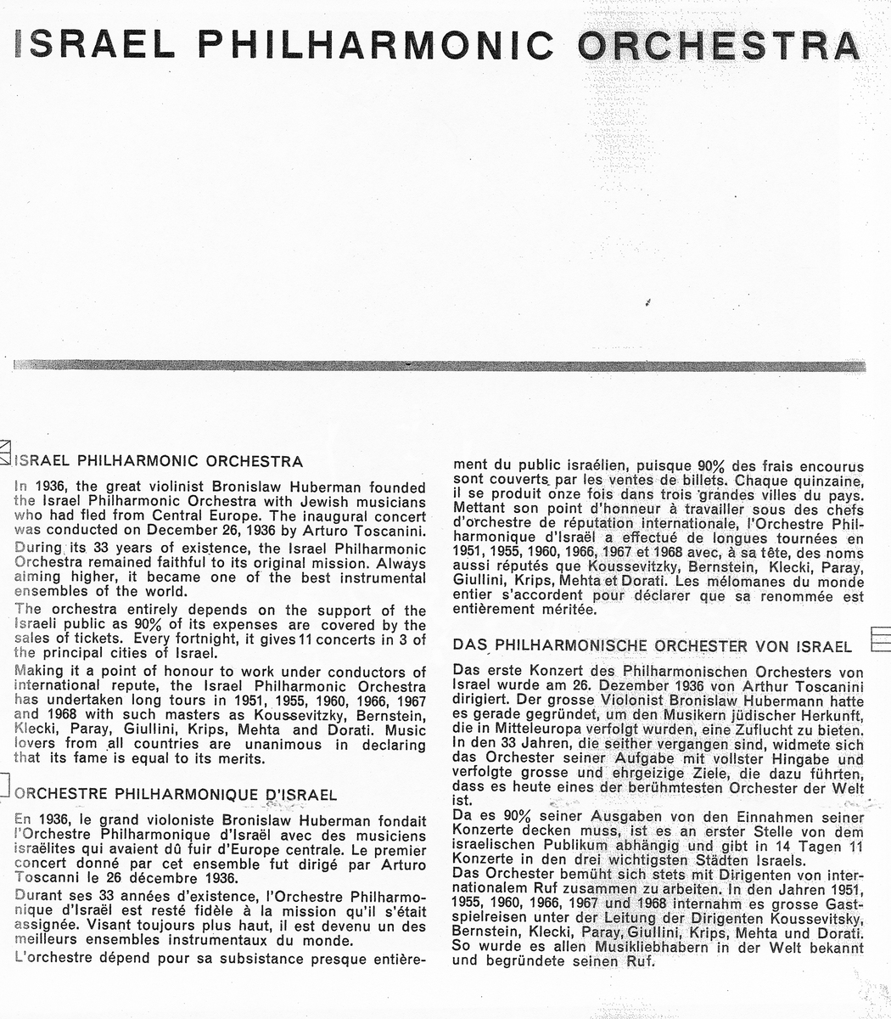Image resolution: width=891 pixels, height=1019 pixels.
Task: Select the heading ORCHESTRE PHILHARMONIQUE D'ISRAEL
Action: pos(177,796)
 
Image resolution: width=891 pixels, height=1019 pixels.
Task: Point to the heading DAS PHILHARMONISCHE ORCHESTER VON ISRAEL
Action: pos(653,647)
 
